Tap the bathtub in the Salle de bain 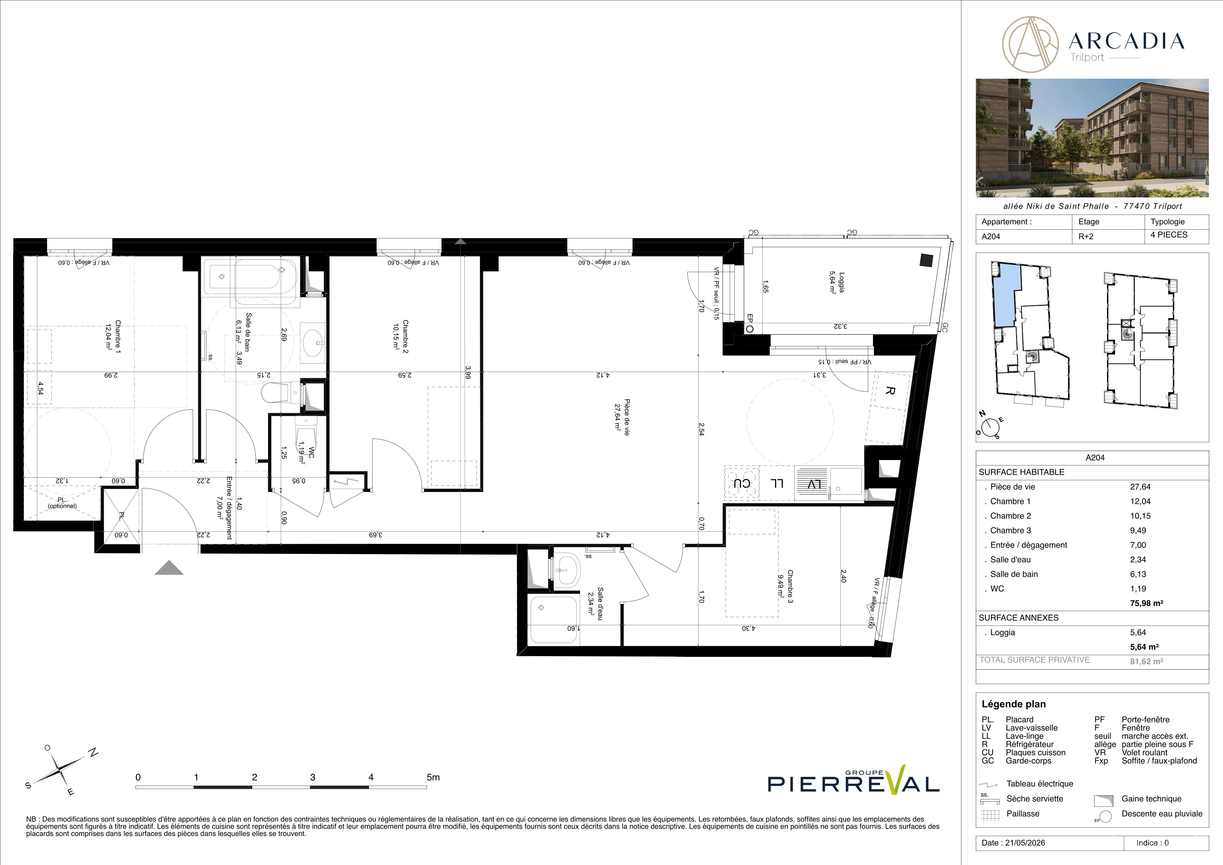tap(252, 276)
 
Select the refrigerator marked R tap(888, 391)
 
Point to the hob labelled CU tap(741, 484)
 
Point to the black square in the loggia tap(926, 260)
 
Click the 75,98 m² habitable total tap(1146, 603)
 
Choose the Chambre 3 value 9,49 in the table tap(1138, 530)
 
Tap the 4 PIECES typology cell tap(1169, 235)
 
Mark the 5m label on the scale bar tap(433, 777)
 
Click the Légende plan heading tap(1014, 704)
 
